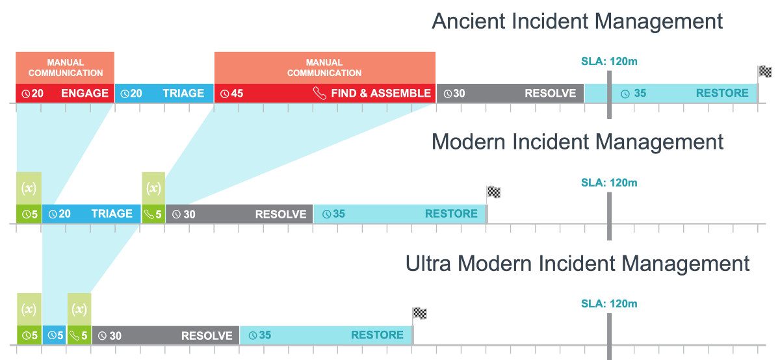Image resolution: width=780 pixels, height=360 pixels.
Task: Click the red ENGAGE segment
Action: (65, 93)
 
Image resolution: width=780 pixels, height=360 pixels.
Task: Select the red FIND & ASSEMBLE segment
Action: (325, 93)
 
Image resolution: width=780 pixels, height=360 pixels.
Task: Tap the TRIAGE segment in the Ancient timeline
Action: (164, 93)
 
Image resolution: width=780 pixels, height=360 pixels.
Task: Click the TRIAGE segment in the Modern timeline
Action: (92, 214)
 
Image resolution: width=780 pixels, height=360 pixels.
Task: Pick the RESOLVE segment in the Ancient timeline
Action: (510, 93)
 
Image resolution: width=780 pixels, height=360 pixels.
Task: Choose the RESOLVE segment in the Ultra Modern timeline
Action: (166, 335)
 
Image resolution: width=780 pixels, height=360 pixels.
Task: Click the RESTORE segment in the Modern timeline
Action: (400, 214)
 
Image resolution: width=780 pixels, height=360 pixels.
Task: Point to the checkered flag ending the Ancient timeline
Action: (764, 71)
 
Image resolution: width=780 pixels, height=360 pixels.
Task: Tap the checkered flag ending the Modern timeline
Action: (494, 192)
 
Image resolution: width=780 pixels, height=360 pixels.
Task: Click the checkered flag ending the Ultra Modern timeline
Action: (420, 313)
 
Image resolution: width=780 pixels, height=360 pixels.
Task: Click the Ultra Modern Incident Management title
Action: (577, 263)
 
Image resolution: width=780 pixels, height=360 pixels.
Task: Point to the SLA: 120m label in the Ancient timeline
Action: (609, 62)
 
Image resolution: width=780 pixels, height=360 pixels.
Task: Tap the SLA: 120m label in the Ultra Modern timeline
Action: (609, 303)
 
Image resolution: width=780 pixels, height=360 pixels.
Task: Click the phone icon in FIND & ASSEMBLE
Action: (319, 93)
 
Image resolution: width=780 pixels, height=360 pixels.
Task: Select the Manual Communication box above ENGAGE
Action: (65, 68)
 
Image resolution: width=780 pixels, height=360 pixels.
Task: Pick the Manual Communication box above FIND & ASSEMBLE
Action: (324, 68)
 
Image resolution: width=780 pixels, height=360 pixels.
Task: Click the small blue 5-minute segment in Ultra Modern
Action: (55, 335)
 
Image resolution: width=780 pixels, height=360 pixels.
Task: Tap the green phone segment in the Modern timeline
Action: (153, 214)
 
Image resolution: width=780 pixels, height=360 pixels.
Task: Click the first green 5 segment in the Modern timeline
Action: (29, 214)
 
